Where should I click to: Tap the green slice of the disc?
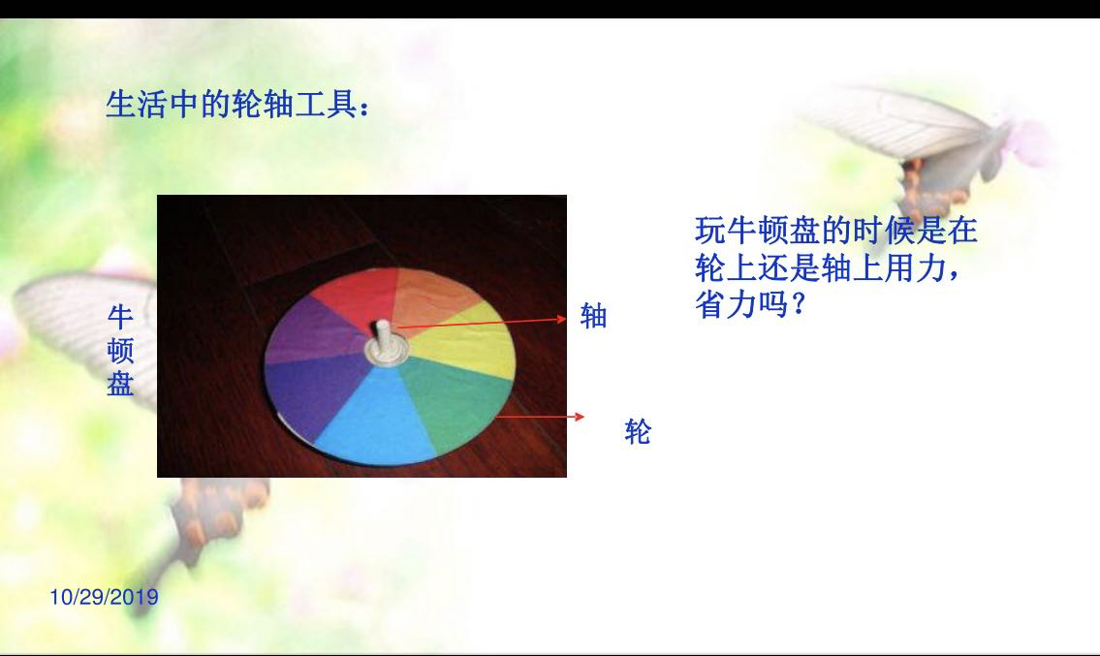pos(456,401)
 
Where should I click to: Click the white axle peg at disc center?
pos(383,337)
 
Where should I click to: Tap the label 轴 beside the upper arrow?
pos(593,317)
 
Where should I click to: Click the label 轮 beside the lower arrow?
pos(638,431)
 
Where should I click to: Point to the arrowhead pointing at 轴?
pos(562,319)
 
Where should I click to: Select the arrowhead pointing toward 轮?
pos(580,416)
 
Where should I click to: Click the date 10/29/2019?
pos(104,597)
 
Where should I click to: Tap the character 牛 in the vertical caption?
pos(121,317)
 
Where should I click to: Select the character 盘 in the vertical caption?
pos(121,383)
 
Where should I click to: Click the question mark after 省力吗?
pos(797,304)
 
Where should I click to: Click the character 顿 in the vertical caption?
pos(121,350)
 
